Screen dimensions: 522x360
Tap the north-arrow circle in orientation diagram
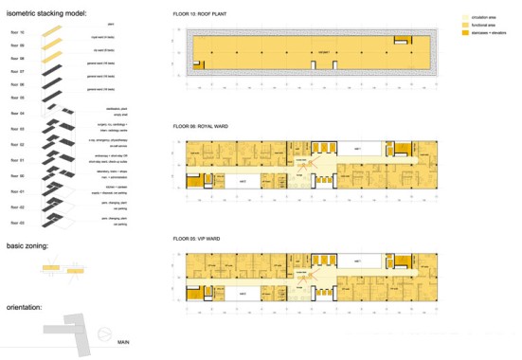click(102, 334)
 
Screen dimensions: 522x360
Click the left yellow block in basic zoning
click(46, 269)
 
